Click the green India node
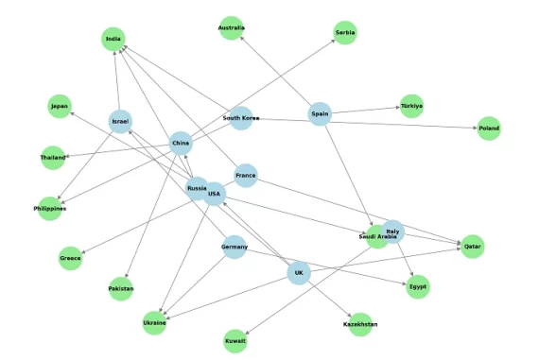click(114, 39)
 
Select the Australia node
click(231, 27)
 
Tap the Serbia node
click(345, 33)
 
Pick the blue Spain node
click(320, 114)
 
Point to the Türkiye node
click(411, 105)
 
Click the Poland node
click(488, 129)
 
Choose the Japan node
click(61, 106)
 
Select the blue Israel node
click(120, 122)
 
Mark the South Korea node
click(241, 118)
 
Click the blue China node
click(181, 145)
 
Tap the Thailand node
click(53, 157)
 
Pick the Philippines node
click(49, 208)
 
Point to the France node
click(245, 176)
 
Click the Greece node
click(70, 257)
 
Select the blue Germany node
click(234, 248)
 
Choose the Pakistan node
click(120, 288)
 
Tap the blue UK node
click(299, 274)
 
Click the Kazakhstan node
click(360, 324)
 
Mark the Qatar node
click(472, 246)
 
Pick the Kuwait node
click(235, 340)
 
